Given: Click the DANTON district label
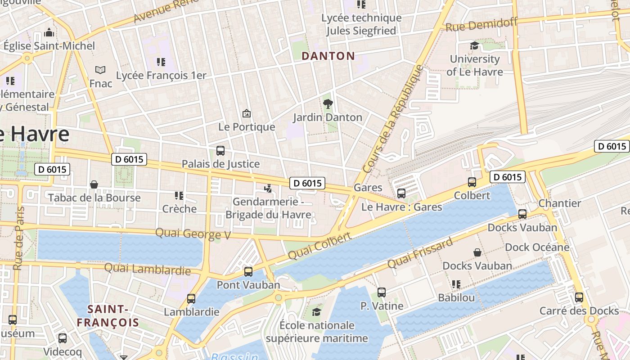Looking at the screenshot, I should [328, 56].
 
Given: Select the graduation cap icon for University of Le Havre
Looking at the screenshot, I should [474, 46].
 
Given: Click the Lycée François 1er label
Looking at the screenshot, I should [161, 75].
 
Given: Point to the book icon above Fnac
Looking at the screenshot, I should [100, 70].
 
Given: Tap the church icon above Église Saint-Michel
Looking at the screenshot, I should [49, 32].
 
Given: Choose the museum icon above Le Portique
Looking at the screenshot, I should [246, 113].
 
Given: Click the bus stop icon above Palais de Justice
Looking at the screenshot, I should [220, 151].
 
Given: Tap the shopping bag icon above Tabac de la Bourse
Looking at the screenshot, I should [94, 184].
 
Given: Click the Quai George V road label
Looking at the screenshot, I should [193, 234].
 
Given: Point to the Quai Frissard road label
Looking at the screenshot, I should [419, 253].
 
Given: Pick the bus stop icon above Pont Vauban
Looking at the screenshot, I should [248, 272].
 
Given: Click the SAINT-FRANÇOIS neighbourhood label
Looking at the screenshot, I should [108, 316].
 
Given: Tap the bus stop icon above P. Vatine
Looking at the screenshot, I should [382, 292].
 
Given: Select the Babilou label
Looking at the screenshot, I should [456, 298].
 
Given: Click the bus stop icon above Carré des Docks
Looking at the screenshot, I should [579, 297].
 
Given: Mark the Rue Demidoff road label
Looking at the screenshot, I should [481, 24].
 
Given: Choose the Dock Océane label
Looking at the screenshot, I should [537, 247].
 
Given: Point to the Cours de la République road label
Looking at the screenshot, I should [393, 119].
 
